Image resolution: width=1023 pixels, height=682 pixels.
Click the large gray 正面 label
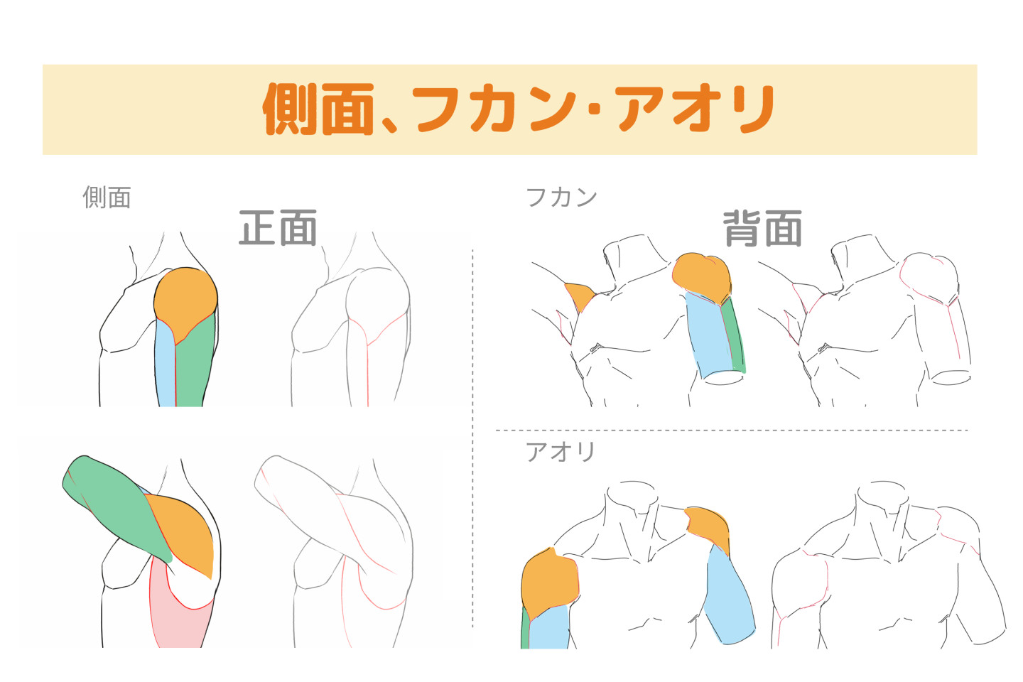point(278,228)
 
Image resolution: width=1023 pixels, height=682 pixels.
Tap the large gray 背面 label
point(762,228)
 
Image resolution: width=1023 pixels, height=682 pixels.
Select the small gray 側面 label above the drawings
point(107,197)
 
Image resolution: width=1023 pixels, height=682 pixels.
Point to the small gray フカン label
point(561,197)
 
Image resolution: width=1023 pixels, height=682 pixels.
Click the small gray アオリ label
point(561,451)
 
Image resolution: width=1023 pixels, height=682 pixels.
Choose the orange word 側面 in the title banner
point(318,109)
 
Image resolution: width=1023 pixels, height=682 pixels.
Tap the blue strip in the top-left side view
point(165,369)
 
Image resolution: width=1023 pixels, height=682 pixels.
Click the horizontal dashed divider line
point(732,431)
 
